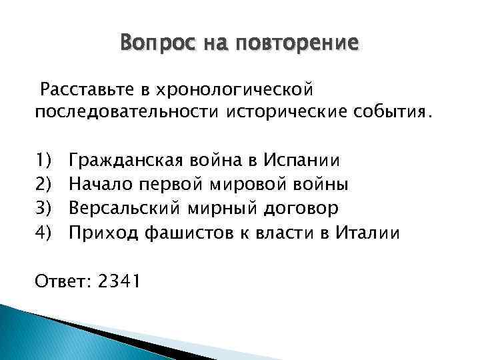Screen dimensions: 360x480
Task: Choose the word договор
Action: [x=302, y=208]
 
